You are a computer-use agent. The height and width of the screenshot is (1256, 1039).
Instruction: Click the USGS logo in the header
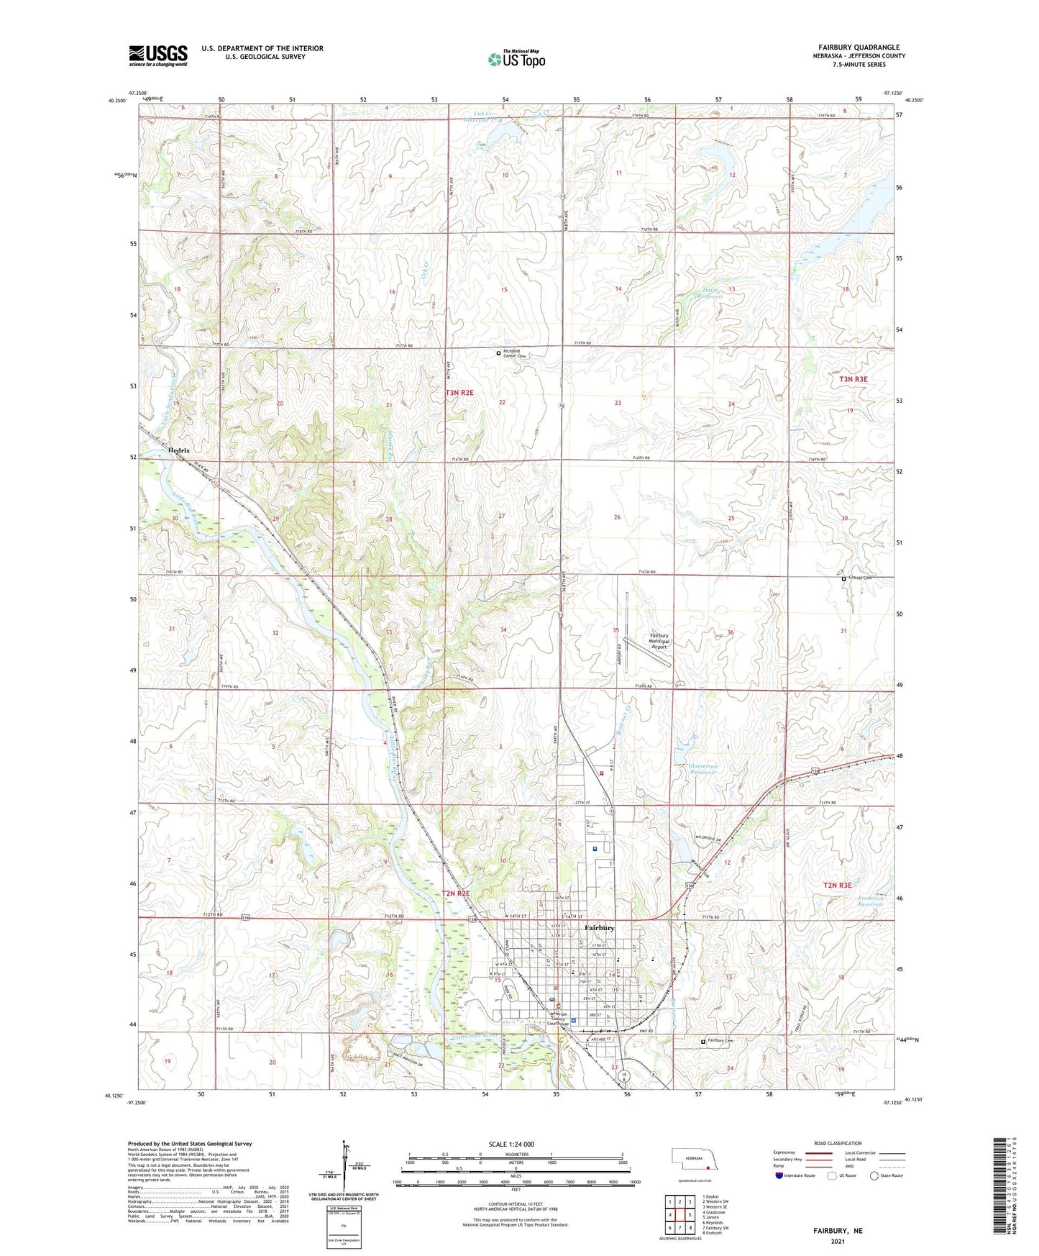coord(158,55)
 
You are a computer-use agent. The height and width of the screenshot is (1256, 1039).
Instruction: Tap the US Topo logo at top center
coord(516,58)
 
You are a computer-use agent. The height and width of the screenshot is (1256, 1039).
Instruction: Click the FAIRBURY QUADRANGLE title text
coord(859,47)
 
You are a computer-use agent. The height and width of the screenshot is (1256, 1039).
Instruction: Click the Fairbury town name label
coord(599,928)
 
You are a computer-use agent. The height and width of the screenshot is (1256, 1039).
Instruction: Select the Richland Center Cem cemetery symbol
coord(499,353)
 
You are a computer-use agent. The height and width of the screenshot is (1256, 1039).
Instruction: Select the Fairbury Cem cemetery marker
coord(703,1041)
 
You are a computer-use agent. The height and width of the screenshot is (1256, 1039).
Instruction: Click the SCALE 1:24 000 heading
coord(516,1144)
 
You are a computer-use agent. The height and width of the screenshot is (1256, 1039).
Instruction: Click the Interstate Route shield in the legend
coord(780,1176)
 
